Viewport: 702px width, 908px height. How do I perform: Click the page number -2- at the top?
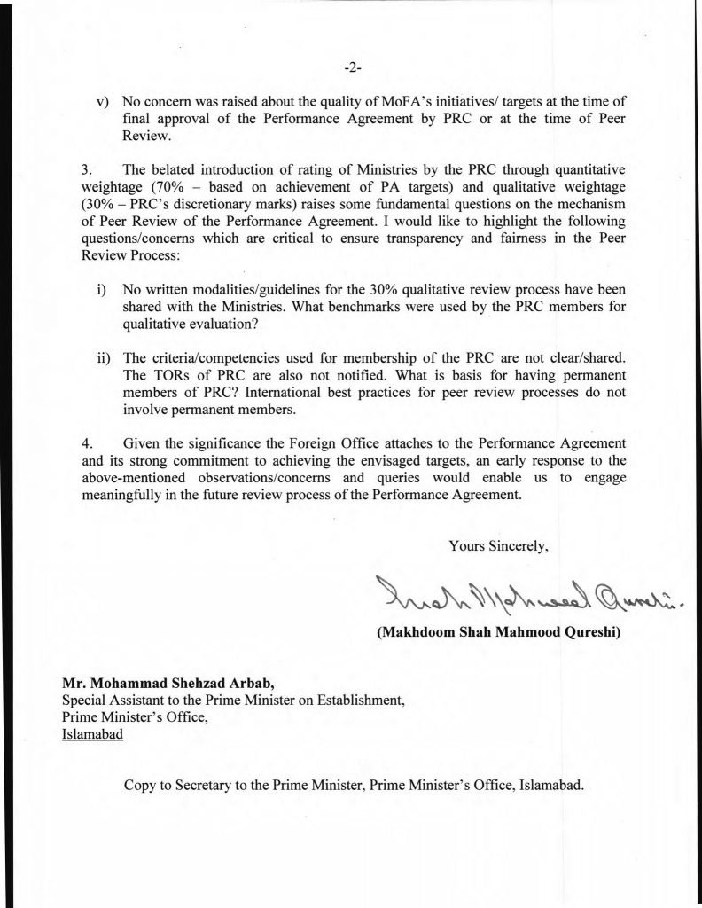(x=351, y=67)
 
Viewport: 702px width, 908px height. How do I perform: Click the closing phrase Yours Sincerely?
(x=499, y=546)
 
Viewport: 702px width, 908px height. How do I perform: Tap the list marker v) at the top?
(x=102, y=101)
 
